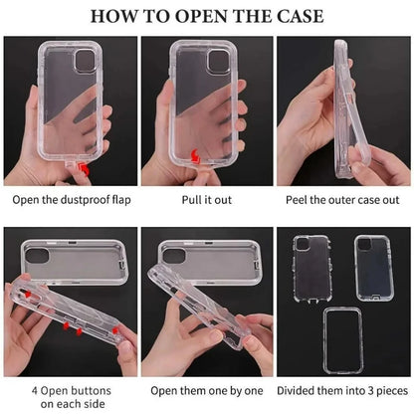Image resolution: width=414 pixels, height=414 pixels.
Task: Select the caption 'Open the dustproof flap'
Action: click(x=72, y=199)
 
